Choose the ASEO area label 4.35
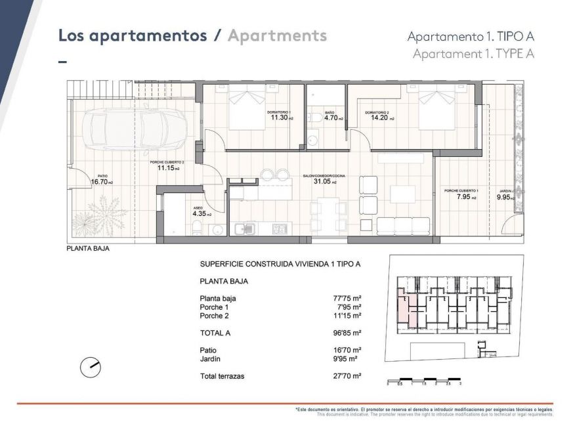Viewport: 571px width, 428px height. (x=200, y=214)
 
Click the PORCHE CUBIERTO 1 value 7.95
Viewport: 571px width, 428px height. (x=459, y=196)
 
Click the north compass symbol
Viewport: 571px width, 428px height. (x=90, y=368)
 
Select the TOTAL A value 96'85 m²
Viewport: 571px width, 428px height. (x=345, y=333)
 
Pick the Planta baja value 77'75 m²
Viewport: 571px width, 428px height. (x=345, y=298)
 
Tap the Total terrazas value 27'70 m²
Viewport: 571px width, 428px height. (x=345, y=376)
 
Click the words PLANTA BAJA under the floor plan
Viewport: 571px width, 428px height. (x=88, y=249)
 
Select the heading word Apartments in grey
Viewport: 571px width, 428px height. (x=277, y=35)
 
